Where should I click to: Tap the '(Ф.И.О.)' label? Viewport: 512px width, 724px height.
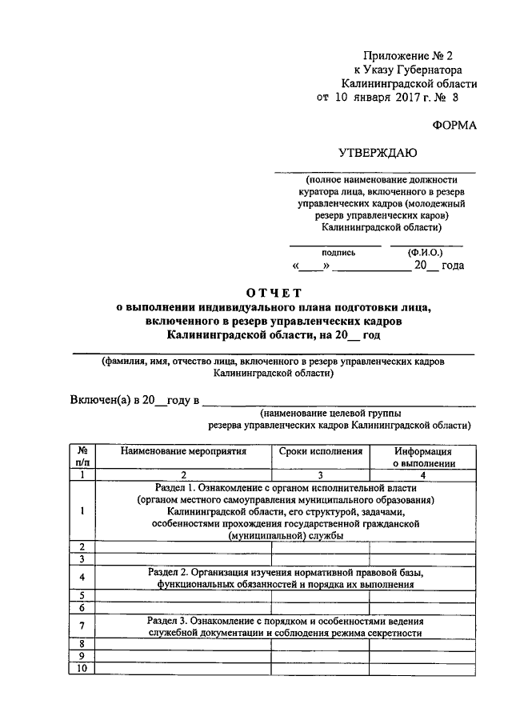click(426, 252)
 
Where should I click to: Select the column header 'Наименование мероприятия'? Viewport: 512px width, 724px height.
click(183, 451)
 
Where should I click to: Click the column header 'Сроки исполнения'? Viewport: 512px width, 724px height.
click(320, 451)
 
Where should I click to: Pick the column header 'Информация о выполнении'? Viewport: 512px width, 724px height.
click(423, 457)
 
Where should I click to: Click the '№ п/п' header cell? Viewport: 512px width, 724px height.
click(82, 457)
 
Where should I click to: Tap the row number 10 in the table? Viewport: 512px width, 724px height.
click(82, 668)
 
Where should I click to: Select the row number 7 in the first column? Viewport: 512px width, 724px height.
click(82, 626)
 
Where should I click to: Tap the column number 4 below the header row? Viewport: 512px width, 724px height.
click(423, 474)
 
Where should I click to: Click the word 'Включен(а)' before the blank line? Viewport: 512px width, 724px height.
click(99, 399)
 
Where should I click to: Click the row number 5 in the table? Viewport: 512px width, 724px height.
click(82, 595)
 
